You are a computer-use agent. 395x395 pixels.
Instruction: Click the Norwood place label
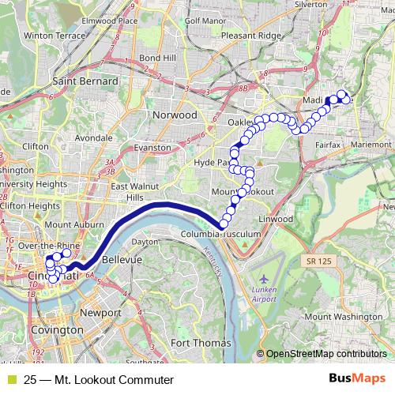174,115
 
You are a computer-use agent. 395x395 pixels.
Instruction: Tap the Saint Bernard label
85,81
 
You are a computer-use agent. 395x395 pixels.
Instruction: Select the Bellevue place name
121,258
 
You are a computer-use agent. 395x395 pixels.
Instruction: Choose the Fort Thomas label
201,343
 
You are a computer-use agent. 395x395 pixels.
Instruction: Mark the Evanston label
152,147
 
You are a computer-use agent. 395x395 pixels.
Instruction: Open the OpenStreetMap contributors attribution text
325,354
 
